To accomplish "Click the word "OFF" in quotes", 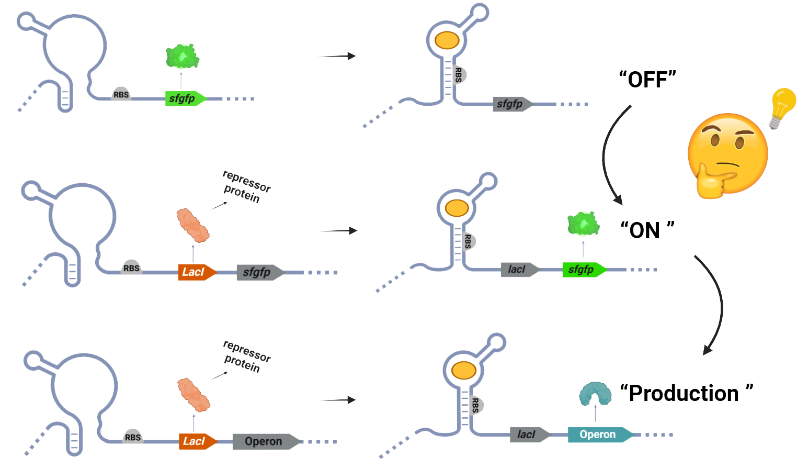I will pos(647,80).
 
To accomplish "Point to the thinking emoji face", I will pos(727,155).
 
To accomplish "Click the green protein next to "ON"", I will pos(584,224).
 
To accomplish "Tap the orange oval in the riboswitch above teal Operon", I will pos(464,371).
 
